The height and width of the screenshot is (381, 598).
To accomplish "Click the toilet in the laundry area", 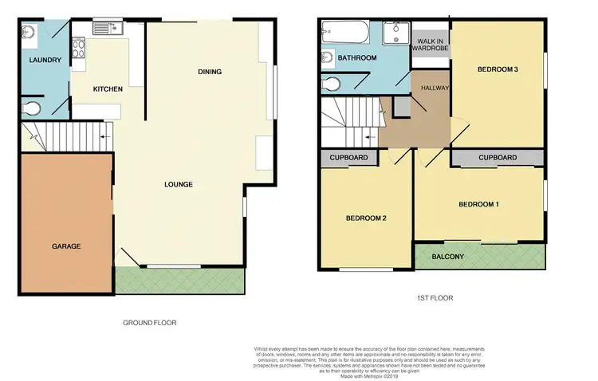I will pos(33,108).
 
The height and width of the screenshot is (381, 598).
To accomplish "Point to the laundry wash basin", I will pos(29,33).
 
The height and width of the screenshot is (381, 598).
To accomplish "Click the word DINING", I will pos(210,73).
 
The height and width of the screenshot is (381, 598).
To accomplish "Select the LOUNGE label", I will pos(179,185).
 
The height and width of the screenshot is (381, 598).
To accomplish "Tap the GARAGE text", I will pos(67,246).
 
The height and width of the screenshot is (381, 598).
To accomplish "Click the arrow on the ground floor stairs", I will pos(104,137).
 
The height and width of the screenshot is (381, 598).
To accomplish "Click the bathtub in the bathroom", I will pos(344,34).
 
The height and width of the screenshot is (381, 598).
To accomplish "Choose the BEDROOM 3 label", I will pos(498,70).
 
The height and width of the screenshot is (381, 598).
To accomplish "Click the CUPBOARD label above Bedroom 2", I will pos(349,158).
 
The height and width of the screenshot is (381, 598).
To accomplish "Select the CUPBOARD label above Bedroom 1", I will pos(498,158).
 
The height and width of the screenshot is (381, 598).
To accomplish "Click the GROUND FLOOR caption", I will pos(149,323).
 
